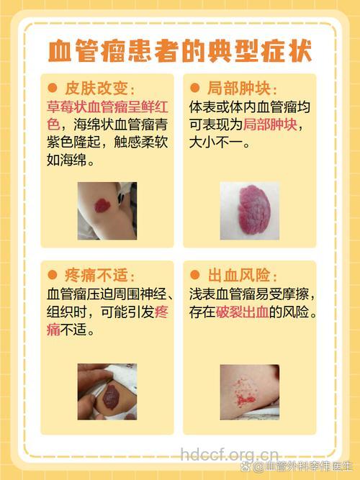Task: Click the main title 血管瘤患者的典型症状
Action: coord(180,52)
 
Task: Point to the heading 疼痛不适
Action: coord(100,276)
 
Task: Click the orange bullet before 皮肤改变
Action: coord(53,89)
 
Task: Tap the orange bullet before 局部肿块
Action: coord(194,89)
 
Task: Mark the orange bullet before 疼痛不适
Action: coord(53,276)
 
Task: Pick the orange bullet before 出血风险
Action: coord(194,276)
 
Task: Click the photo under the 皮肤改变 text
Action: coord(107,210)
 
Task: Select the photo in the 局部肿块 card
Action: coord(249,210)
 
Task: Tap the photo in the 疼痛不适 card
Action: coord(107,391)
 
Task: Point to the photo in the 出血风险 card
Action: coord(249,391)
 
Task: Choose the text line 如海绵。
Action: coord(73,160)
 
